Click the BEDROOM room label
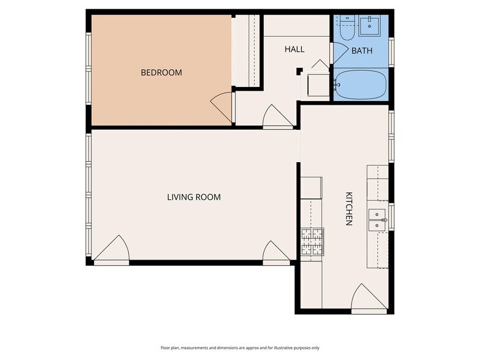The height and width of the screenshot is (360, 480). (x=161, y=72)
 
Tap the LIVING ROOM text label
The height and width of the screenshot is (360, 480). (x=193, y=197)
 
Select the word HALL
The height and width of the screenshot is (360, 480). (x=294, y=49)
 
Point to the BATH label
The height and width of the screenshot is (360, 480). (x=361, y=51)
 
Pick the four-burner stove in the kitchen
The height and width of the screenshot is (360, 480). (x=312, y=241)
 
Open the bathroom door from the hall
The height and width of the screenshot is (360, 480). (x=339, y=51)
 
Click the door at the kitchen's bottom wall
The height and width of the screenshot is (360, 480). (x=369, y=299)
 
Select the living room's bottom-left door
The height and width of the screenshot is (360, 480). (x=111, y=251)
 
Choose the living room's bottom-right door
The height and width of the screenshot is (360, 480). (x=276, y=253)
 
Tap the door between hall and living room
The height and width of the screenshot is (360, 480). (x=277, y=117)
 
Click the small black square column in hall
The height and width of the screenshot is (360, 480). (x=299, y=71)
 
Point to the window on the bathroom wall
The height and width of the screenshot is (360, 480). (x=391, y=51)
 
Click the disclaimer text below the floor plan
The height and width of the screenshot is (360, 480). (x=239, y=348)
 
